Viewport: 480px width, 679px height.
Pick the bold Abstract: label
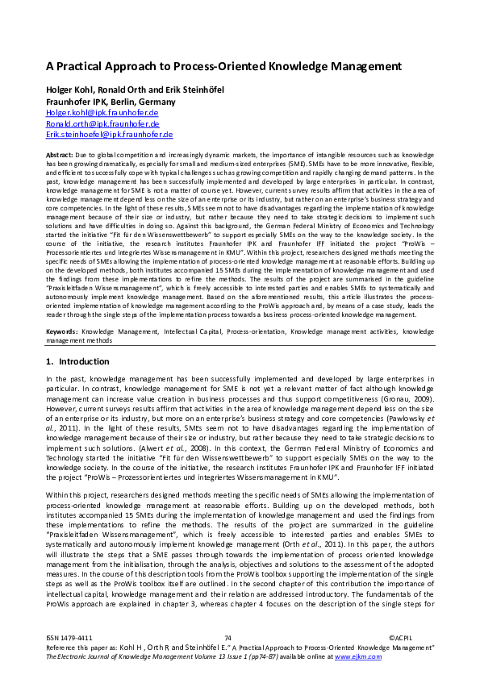point(60,153)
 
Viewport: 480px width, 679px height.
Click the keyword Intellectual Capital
point(192,331)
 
